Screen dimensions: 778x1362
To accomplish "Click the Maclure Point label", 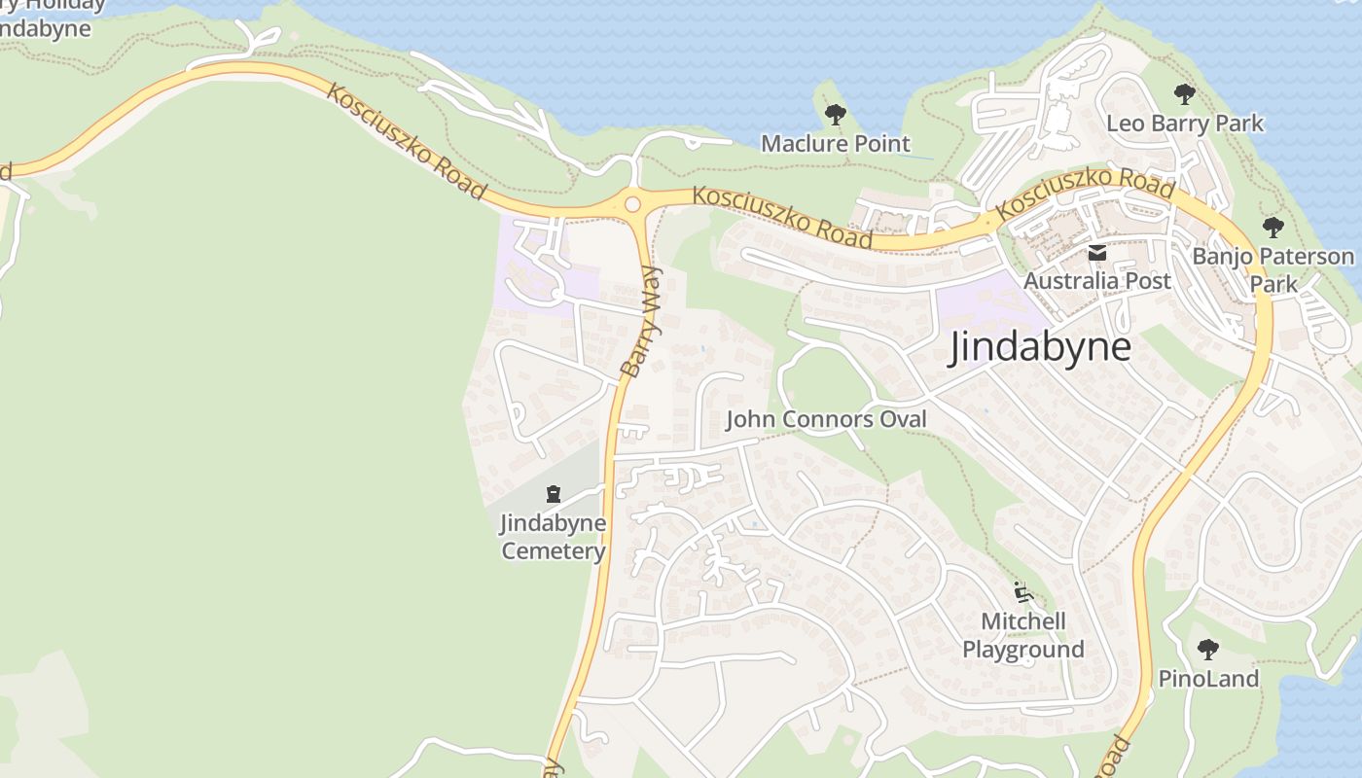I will point(835,144).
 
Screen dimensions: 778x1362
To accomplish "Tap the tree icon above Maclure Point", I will point(835,115).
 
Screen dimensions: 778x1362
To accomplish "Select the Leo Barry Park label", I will point(1184,124).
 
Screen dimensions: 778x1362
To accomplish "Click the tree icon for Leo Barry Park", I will point(1184,94).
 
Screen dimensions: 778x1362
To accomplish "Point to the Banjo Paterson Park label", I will point(1272,269).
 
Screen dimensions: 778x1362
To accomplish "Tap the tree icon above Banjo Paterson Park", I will point(1272,228).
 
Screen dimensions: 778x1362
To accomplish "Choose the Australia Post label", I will point(1096,281).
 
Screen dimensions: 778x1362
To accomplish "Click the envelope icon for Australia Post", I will point(1096,254).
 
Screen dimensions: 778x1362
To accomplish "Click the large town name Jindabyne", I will point(1040,347).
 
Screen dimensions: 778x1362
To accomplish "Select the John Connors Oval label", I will point(826,419).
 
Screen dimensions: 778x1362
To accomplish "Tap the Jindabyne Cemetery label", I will point(553,537).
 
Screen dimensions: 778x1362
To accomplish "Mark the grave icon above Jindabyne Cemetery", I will point(554,494).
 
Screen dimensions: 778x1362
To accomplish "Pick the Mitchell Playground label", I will point(1023,635).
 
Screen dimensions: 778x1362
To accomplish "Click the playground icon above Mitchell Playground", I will point(1021,591).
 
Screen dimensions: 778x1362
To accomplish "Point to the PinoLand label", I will point(1208,678).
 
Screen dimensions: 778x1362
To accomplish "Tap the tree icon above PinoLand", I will point(1207,649).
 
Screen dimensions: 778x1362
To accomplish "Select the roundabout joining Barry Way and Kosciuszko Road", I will point(632,204).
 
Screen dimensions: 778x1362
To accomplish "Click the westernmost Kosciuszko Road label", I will point(405,142).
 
